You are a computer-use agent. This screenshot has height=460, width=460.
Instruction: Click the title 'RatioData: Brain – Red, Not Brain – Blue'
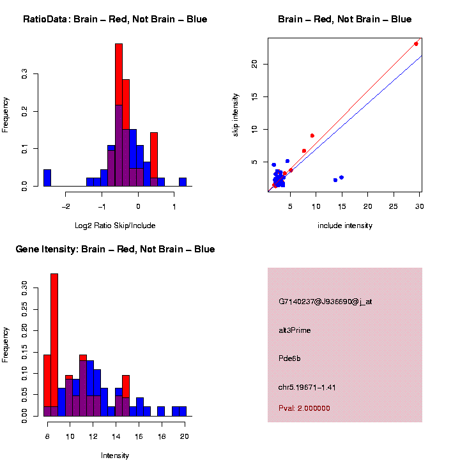click(115, 19)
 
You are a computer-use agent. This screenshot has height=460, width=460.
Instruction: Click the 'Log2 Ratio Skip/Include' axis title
click(115, 225)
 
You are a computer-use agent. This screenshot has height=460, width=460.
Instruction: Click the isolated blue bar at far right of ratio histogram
click(183, 181)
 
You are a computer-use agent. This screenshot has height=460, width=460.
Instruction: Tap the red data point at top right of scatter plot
click(416, 43)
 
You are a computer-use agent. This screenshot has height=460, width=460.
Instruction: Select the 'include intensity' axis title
click(345, 225)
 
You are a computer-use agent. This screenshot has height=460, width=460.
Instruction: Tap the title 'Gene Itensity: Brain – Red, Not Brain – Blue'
click(115, 249)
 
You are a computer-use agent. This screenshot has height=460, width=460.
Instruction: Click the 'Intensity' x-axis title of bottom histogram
click(115, 455)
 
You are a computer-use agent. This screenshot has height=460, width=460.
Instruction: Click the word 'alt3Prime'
click(295, 330)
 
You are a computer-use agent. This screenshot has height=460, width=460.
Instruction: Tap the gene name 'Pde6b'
click(289, 358)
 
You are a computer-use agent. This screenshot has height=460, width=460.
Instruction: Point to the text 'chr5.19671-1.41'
click(307, 387)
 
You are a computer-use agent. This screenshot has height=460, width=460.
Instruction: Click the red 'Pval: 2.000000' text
click(304, 408)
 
